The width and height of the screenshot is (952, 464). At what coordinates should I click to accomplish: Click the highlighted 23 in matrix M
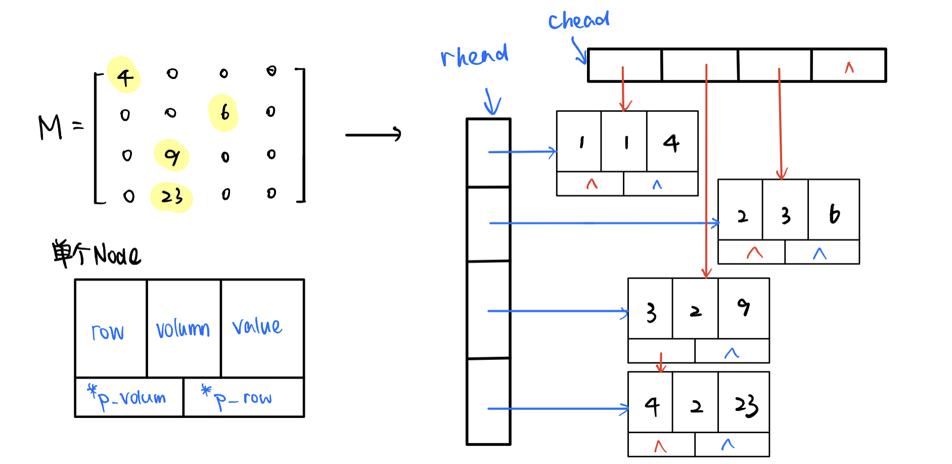172,196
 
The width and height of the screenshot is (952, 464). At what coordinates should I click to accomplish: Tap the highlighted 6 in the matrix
224,112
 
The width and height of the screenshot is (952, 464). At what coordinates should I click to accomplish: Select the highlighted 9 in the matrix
172,156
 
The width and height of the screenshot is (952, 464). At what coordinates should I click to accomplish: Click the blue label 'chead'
579,21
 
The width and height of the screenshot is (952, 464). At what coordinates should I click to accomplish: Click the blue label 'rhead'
474,56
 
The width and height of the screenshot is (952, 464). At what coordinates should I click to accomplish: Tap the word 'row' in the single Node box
108,332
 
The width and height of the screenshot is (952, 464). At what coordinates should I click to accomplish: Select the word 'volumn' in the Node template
183,329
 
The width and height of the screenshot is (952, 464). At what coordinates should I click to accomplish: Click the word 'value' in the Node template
257,326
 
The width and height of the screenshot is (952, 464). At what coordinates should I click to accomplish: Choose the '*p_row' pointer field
238,399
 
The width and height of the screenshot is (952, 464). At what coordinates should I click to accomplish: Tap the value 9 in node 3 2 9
743,307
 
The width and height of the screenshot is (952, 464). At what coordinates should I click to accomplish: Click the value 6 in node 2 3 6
834,214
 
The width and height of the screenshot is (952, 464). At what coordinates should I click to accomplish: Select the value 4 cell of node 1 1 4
671,143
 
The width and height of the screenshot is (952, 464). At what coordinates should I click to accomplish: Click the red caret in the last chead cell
849,67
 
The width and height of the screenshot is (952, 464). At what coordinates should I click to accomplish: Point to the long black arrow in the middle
373,135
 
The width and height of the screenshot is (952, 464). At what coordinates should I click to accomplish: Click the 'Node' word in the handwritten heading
117,255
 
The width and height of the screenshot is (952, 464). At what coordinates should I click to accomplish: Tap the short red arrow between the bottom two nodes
661,362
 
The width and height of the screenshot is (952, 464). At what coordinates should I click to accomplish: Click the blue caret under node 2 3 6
820,254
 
